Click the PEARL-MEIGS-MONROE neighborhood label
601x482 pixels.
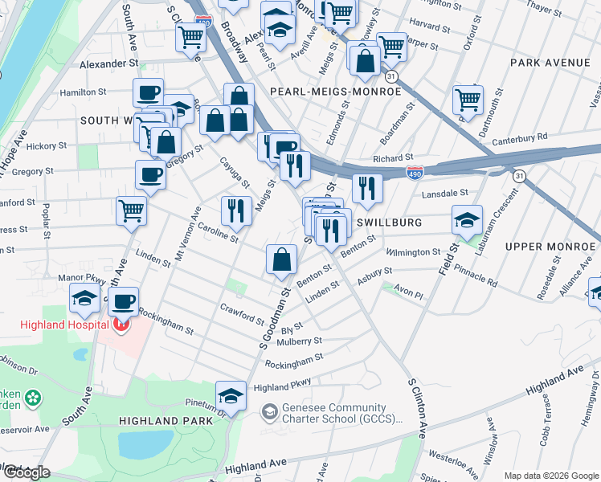coord(335,92)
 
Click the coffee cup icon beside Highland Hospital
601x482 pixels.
coord(123,302)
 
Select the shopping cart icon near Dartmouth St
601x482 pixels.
coord(468,100)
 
